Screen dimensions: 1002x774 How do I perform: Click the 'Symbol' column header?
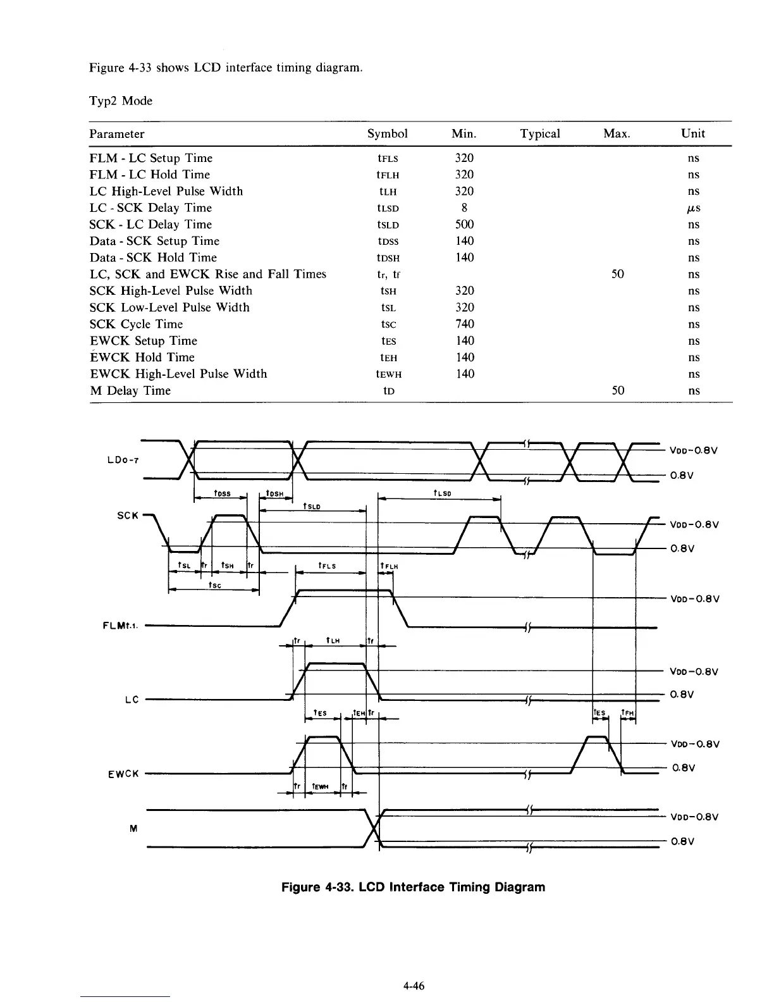tap(387, 133)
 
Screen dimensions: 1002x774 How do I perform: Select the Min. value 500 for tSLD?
tap(464, 225)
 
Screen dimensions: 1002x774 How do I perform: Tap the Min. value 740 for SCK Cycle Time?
tap(464, 324)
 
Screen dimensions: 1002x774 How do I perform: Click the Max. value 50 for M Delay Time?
tap(618, 390)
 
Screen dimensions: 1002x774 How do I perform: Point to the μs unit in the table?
tap(694, 208)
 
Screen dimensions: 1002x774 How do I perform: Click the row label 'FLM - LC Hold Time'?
tap(150, 175)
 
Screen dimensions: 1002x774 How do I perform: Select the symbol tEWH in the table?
tap(388, 374)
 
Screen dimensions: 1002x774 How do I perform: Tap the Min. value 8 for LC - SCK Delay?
tap(464, 208)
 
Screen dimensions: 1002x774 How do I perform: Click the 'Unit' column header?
tap(693, 133)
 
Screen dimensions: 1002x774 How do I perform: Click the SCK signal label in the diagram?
tap(128, 515)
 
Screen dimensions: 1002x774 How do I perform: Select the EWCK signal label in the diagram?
tap(123, 774)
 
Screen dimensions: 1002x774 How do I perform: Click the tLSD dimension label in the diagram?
tap(442, 493)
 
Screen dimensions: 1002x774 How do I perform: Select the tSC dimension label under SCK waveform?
tap(215, 585)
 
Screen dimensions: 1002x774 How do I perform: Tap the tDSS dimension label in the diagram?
tap(223, 493)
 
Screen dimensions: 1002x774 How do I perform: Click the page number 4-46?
tap(413, 986)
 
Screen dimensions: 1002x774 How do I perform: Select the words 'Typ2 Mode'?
tap(121, 101)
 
